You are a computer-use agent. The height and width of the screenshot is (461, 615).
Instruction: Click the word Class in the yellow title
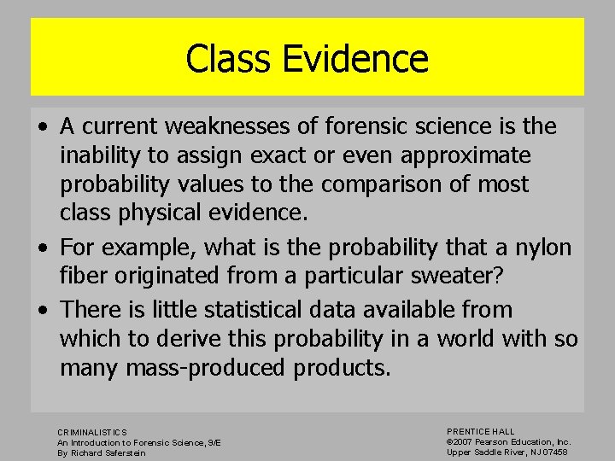pyautogui.click(x=222, y=59)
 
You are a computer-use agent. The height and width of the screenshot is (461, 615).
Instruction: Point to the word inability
pyautogui.click(x=101, y=155)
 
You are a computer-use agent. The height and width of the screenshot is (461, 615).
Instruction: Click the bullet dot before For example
pyautogui.click(x=42, y=248)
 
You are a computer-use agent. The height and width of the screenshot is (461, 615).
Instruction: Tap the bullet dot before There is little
pyautogui.click(x=42, y=309)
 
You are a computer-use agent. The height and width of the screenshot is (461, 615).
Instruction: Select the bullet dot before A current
pyautogui.click(x=42, y=127)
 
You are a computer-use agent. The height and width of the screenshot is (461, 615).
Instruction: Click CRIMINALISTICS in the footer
pyautogui.click(x=91, y=433)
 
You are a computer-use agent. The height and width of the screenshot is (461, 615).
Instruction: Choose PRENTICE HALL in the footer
pyautogui.click(x=481, y=432)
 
